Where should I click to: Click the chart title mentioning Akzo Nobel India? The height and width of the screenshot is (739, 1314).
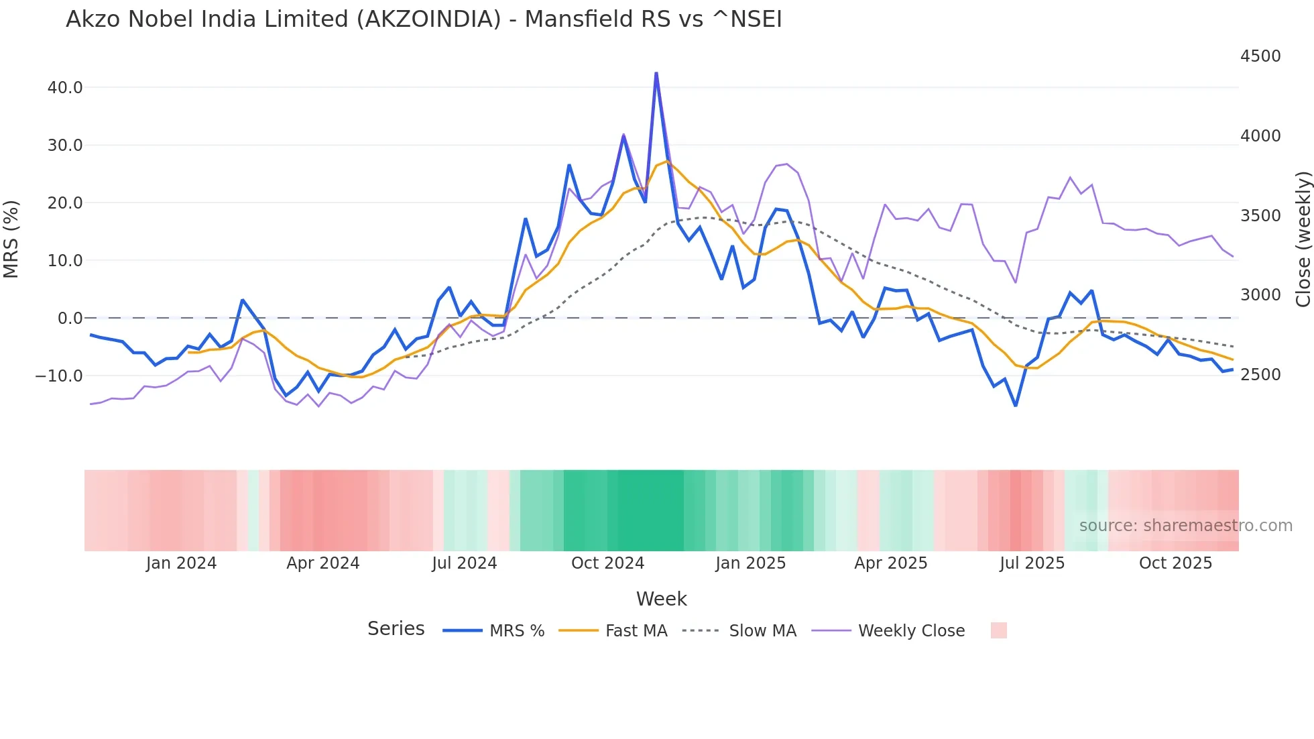[x=424, y=19]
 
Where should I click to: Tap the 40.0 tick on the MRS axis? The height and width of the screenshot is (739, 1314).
[x=65, y=88]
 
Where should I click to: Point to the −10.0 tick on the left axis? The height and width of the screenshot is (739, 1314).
[x=59, y=376]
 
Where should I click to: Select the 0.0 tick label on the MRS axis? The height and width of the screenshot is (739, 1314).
[x=70, y=319]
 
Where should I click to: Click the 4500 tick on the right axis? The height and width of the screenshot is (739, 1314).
[x=1260, y=56]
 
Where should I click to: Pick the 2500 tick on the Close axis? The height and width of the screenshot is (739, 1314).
[x=1260, y=375]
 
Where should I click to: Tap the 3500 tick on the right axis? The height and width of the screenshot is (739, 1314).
[x=1260, y=216]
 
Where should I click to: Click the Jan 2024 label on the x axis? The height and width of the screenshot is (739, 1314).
[x=181, y=563]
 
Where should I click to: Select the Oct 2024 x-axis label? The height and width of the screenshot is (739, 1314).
[x=607, y=563]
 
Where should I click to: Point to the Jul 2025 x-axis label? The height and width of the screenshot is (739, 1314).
[x=1032, y=563]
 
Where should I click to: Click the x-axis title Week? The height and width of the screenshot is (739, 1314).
[x=661, y=599]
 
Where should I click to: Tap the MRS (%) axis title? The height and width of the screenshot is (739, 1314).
[x=11, y=239]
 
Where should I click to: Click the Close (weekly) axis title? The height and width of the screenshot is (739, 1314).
[x=1303, y=239]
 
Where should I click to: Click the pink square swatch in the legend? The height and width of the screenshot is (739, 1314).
[x=998, y=630]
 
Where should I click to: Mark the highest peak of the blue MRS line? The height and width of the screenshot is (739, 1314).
[x=656, y=73]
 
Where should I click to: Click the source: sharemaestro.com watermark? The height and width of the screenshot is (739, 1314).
[x=1185, y=526]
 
